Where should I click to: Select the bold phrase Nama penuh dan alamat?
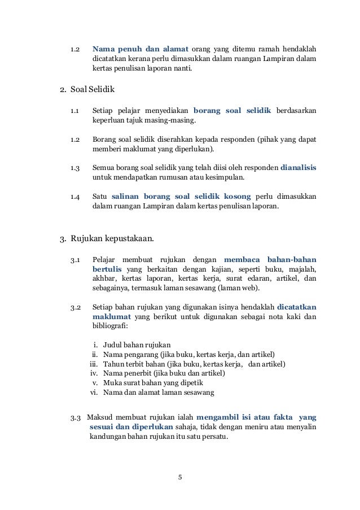pyautogui.click(x=140, y=47)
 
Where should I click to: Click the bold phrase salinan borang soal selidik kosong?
pyautogui.click(x=182, y=197)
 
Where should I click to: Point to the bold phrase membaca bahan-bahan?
pyautogui.click(x=270, y=259)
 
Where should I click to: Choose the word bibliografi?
pyautogui.click(x=109, y=326)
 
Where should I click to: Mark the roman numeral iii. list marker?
pyautogui.click(x=94, y=364)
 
